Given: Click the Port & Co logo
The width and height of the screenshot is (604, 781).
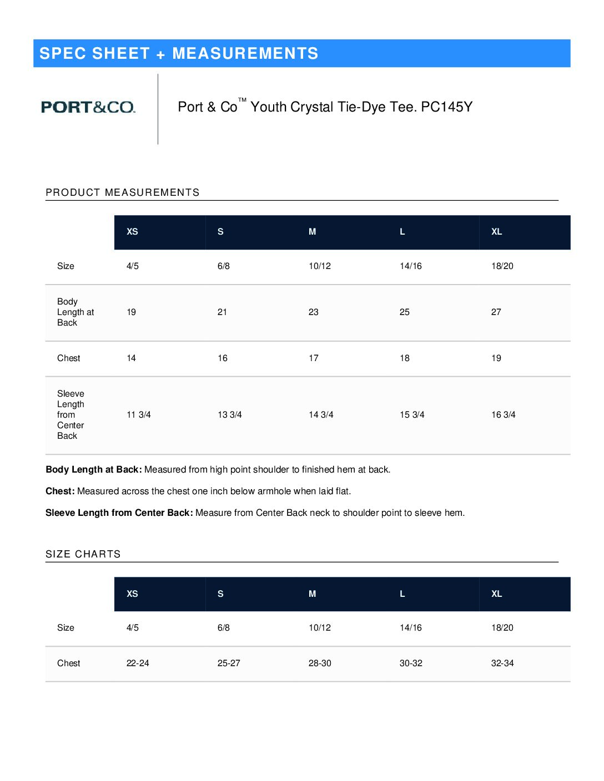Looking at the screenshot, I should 88,107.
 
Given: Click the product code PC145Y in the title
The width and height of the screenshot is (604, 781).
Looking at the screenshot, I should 446,107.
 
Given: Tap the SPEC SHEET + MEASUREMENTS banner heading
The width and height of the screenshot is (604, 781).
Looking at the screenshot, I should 179,53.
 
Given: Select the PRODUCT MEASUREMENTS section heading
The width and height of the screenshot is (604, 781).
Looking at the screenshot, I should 123,192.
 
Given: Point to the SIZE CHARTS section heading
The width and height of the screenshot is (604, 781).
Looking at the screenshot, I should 83,554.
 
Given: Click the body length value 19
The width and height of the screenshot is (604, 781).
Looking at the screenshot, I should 132,312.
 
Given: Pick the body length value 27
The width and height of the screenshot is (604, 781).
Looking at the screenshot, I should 496,312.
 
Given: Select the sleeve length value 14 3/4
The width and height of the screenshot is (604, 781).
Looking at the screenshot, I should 321,415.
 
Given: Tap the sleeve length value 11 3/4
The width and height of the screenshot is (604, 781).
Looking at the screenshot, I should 139,415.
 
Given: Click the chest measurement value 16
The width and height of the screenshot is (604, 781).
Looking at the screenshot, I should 223,358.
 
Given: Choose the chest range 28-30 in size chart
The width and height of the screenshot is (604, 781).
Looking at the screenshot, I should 320,663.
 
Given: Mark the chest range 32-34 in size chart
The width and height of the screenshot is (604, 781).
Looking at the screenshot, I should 502,663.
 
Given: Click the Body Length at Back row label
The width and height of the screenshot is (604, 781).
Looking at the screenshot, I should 75,312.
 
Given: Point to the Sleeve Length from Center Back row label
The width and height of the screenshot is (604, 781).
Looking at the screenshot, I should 71,415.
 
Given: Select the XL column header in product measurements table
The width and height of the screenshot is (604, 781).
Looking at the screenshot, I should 497,232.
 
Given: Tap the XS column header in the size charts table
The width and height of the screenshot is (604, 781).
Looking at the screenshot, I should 132,594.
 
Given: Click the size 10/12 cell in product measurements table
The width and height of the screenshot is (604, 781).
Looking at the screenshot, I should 320,266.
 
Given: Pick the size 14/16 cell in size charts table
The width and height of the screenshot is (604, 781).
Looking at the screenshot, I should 411,628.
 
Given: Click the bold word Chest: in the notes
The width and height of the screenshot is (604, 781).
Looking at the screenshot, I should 60,491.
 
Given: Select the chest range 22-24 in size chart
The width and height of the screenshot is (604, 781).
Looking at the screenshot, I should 138,663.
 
